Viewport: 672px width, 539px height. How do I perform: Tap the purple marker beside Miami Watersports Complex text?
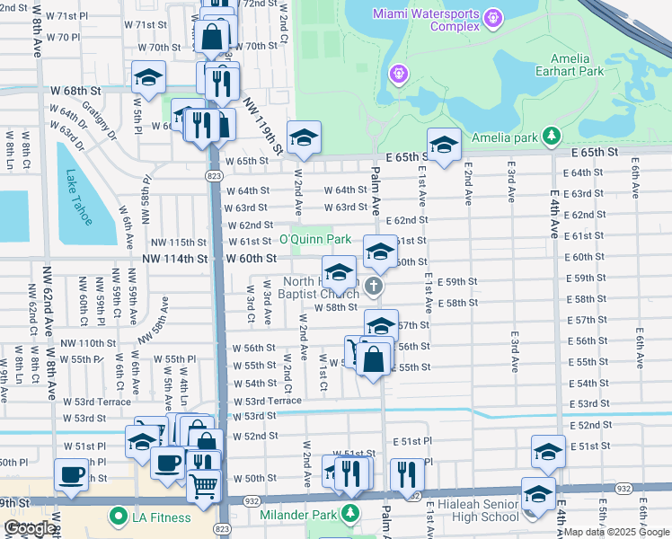pyautogui.click(x=492, y=17)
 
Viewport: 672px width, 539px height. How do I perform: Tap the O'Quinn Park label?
pyautogui.click(x=314, y=240)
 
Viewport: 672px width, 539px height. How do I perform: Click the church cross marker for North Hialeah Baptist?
pyautogui.click(x=375, y=287)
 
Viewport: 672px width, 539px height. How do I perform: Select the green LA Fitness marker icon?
pyautogui.click(x=116, y=517)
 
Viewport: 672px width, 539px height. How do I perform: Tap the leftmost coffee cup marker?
pyautogui.click(x=71, y=474)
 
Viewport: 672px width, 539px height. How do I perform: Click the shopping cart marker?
pyautogui.click(x=204, y=485)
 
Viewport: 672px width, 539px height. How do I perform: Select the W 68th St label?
pyautogui.click(x=75, y=92)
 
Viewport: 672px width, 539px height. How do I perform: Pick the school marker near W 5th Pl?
pyautogui.click(x=149, y=77)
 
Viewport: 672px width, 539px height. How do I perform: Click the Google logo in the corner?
pyautogui.click(x=30, y=528)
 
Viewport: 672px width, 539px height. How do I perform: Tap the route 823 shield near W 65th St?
pyautogui.click(x=216, y=177)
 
